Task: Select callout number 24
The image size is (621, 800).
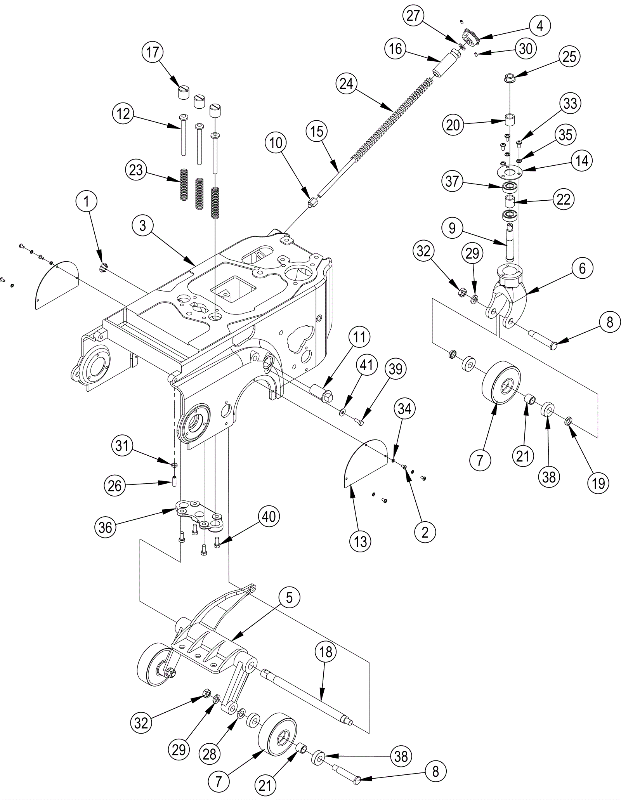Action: point(347,83)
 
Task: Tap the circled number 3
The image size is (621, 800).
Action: point(143,226)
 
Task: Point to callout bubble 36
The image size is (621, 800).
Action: point(105,527)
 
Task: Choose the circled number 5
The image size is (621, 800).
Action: point(289,598)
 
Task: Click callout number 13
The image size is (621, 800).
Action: point(360,541)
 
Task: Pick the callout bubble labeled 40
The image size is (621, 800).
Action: point(269,517)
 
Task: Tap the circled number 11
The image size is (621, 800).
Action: point(359,337)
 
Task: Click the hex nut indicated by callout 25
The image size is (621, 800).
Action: point(510,78)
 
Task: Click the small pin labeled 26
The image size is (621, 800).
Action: point(175,481)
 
